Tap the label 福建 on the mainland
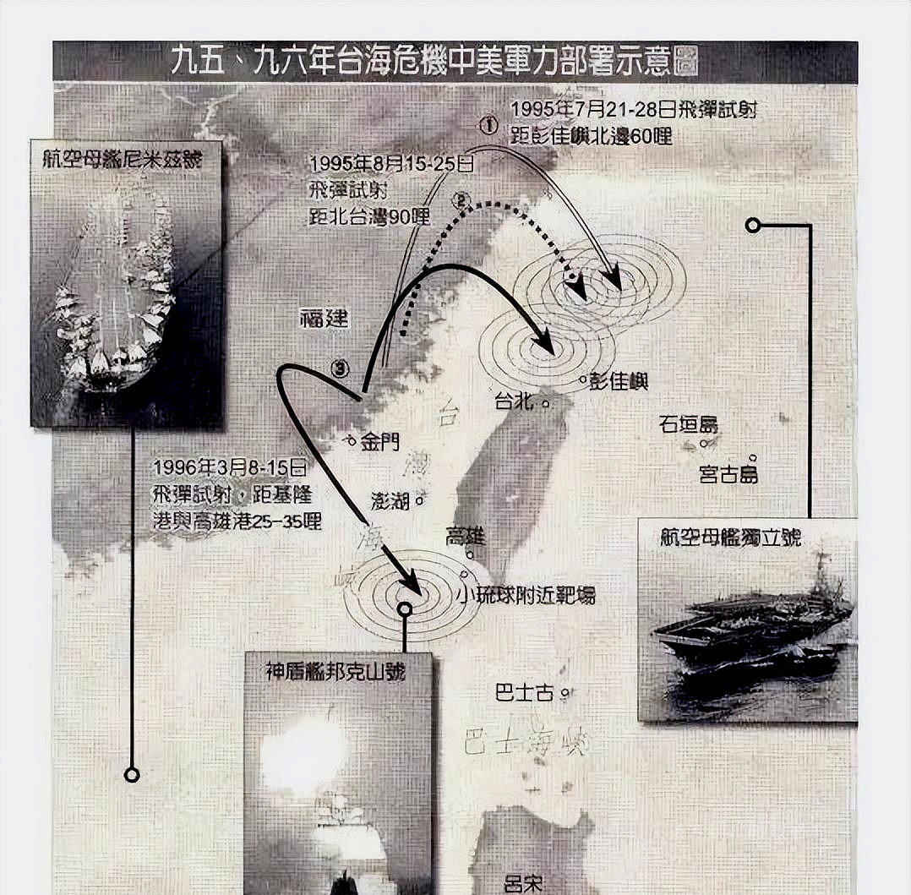[x=324, y=319]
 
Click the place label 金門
[x=380, y=441]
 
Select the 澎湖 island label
[x=390, y=500]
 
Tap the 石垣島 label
[x=688, y=424]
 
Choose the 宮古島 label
[x=728, y=473]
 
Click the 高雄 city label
[x=466, y=537]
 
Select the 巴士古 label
[x=524, y=693]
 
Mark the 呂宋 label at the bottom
[x=522, y=884]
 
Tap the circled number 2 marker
[x=461, y=200]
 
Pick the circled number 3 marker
[x=340, y=368]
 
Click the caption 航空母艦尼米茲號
[x=127, y=160]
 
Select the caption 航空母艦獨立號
[x=731, y=538]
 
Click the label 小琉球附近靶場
[x=526, y=595]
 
